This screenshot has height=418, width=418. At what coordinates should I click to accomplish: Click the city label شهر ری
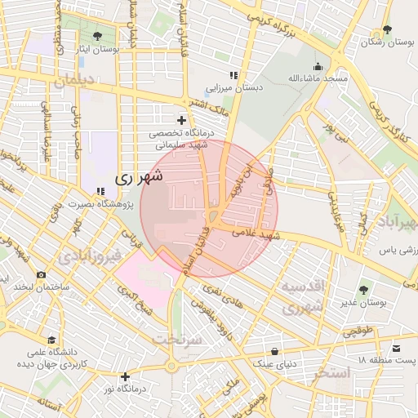click(x=138, y=176)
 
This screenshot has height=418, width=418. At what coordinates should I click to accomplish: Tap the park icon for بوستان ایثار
click(x=98, y=36)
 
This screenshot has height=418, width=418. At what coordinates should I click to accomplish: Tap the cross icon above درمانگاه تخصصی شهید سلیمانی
click(x=181, y=120)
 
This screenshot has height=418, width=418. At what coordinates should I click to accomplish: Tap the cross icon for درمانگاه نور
click(x=124, y=376)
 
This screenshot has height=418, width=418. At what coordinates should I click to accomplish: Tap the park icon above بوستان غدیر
click(x=363, y=289)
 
